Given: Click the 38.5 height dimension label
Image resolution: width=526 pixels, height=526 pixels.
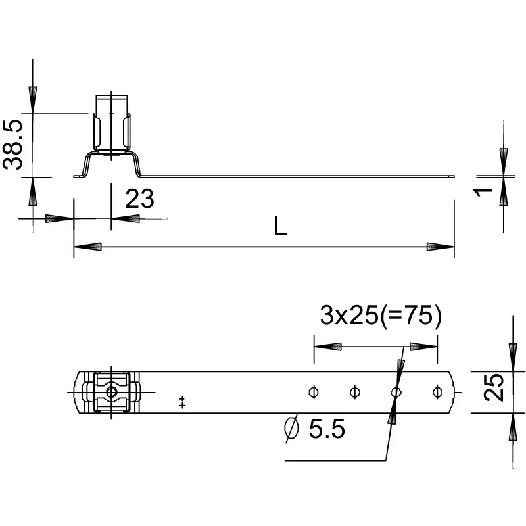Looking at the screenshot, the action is pyautogui.click(x=12, y=145).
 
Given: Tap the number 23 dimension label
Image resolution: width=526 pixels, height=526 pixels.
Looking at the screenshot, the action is pyautogui.click(x=139, y=199).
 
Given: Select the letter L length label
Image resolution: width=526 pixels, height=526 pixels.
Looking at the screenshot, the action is pyautogui.click(x=280, y=226).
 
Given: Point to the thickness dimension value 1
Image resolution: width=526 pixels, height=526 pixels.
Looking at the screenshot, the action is pyautogui.click(x=483, y=192).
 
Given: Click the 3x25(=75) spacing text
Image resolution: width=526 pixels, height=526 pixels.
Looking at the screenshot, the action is pyautogui.click(x=381, y=315).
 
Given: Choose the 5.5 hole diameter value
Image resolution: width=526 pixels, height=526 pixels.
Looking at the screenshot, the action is pyautogui.click(x=327, y=429).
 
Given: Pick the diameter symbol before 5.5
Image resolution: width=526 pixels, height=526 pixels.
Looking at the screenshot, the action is pyautogui.click(x=291, y=428).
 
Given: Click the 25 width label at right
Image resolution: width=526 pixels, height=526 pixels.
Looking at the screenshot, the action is pyautogui.click(x=494, y=387).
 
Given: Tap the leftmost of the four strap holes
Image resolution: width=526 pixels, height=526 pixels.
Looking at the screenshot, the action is pyautogui.click(x=314, y=392).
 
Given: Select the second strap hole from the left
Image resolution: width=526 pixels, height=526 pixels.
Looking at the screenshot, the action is pyautogui.click(x=354, y=392).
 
